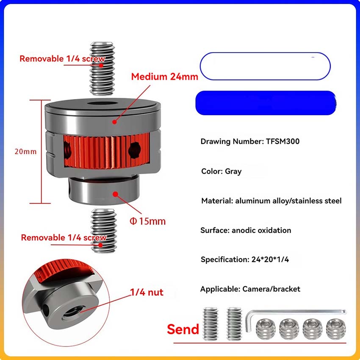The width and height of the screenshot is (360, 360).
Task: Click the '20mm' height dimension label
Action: pos(25,152)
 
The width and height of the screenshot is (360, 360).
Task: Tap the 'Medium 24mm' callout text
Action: pos(165,77)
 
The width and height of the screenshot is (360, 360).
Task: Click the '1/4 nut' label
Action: pos(147,292)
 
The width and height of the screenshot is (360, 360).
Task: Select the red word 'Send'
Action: pos(183,329)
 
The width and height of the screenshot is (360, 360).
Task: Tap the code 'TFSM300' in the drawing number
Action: pos(282,141)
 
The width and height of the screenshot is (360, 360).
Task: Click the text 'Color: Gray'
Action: pos(222,171)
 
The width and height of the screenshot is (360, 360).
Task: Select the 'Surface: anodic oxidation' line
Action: pos(246,230)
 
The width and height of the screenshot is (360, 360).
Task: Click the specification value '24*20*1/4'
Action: pos(270,260)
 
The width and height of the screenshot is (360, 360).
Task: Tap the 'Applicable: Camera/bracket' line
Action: pos(250,289)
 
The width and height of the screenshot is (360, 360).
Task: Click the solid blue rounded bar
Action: pos(266,103)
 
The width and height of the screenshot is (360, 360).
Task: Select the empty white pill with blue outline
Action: pos(265,66)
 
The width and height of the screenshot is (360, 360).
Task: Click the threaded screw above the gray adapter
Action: pos(102,69)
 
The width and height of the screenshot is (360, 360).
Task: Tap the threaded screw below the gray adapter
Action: pos(104,231)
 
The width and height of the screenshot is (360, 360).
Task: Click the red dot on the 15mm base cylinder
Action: pos(116,194)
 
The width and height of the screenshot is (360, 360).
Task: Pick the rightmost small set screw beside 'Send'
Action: pos(336,329)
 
